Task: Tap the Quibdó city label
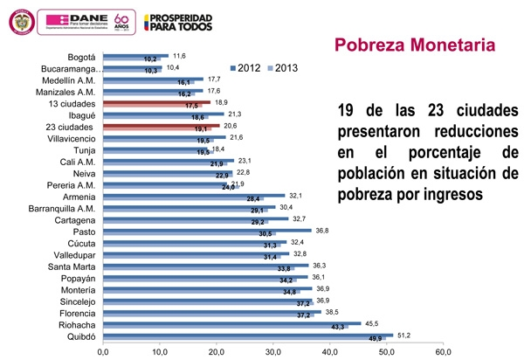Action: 76,336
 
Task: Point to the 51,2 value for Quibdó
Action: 404,334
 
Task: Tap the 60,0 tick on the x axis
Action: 444,351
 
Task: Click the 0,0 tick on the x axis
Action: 103,351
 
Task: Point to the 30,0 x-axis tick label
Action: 273,351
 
